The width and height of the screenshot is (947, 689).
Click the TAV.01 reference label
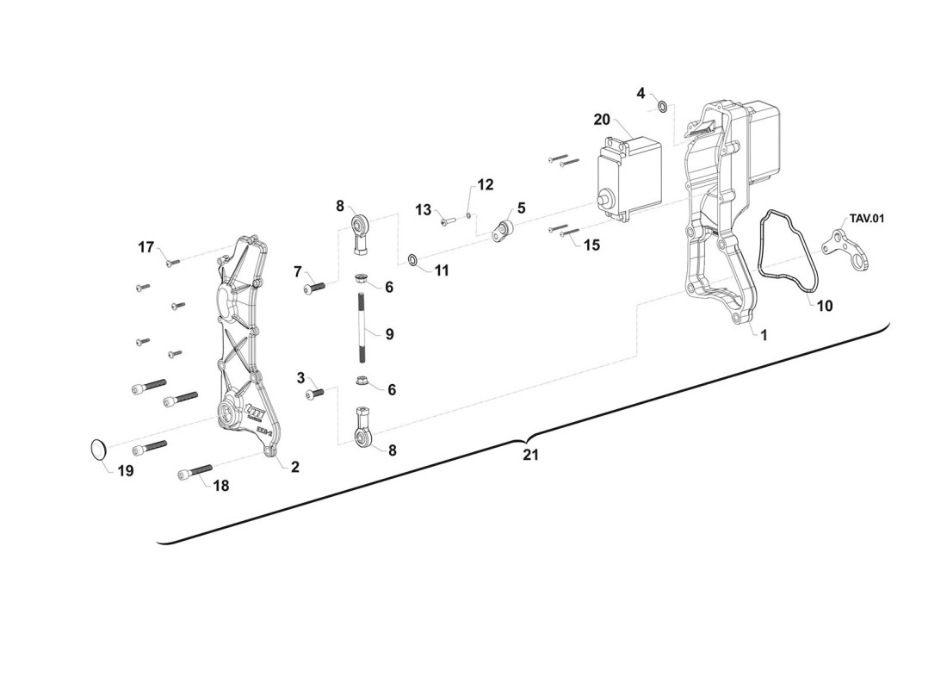pyautogui.click(x=867, y=218)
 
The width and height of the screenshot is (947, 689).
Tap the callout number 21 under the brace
pyautogui.click(x=530, y=455)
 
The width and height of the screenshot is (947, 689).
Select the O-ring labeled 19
pyautogui.click(x=99, y=450)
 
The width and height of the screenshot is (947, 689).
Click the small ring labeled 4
pyautogui.click(x=662, y=107)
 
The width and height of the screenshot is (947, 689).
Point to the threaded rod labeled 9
pyautogui.click(x=362, y=326)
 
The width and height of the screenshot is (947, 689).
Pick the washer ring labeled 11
pyautogui.click(x=412, y=260)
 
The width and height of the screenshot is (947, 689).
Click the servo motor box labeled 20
pyautogui.click(x=628, y=177)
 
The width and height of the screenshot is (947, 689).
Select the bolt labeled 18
pyautogui.click(x=195, y=472)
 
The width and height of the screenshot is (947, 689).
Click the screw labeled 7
pyautogui.click(x=314, y=288)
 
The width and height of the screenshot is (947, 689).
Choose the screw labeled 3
pyautogui.click(x=314, y=394)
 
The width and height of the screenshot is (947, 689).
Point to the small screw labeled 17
pyautogui.click(x=173, y=263)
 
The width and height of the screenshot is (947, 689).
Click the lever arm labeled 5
pyautogui.click(x=503, y=232)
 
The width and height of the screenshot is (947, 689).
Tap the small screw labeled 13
pyautogui.click(x=447, y=222)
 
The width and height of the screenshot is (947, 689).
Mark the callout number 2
pyautogui.click(x=294, y=467)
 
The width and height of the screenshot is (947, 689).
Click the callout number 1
pyautogui.click(x=764, y=335)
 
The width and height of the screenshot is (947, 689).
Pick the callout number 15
pyautogui.click(x=592, y=245)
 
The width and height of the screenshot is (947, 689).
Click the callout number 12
pyautogui.click(x=486, y=184)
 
